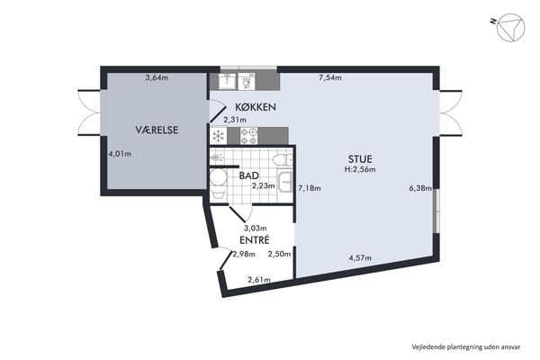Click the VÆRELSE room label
[157, 130]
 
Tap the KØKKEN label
[256, 107]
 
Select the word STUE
[360, 159]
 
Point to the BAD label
[249, 175]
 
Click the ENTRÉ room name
[255, 239]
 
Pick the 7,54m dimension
[330, 77]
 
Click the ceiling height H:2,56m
[360, 169]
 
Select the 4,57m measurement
[360, 257]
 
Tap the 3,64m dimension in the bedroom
[157, 77]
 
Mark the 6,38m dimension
[420, 188]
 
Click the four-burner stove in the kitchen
[248, 136]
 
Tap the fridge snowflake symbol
[219, 136]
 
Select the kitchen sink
[228, 81]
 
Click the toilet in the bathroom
[283, 160]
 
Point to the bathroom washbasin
[286, 181]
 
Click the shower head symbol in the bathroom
[216, 158]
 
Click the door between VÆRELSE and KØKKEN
[217, 111]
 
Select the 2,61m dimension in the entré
[259, 280]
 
